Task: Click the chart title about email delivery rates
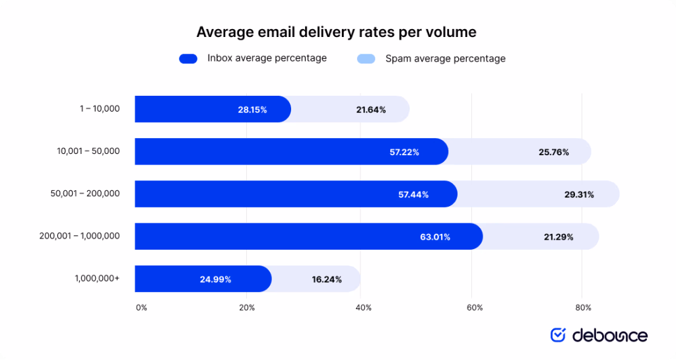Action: click(337, 32)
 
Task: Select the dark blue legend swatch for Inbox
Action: click(188, 59)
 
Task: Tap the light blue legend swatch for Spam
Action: click(366, 59)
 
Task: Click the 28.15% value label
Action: click(252, 110)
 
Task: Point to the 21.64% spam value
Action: click(371, 110)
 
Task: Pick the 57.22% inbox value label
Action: click(404, 152)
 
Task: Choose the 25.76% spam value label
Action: click(553, 152)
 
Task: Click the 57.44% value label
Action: click(413, 194)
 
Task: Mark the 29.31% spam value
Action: click(578, 194)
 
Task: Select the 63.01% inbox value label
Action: click(435, 236)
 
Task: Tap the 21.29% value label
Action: click(558, 236)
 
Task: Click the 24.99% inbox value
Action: click(215, 279)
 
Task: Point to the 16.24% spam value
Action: click(327, 279)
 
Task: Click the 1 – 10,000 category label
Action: click(96, 108)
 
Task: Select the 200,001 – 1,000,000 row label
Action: click(79, 235)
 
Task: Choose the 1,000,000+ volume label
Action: click(98, 278)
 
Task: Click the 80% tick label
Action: click(583, 308)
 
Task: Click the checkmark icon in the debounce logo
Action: click(558, 335)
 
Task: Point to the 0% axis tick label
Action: click(141, 308)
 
